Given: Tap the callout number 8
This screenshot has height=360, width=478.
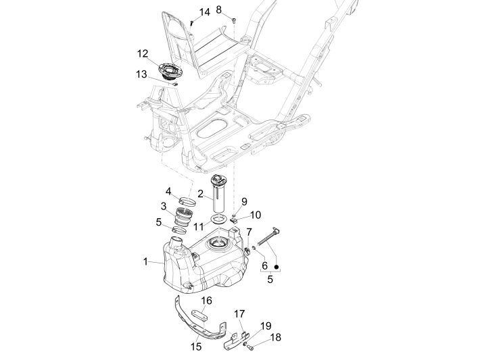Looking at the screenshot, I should click(x=219, y=9).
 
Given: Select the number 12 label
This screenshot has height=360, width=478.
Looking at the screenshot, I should click(x=143, y=53).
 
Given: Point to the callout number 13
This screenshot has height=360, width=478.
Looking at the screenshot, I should click(x=141, y=74).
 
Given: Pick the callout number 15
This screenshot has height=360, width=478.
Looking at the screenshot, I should click(x=195, y=346).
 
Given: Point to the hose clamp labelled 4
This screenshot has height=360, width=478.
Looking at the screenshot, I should click(x=189, y=201).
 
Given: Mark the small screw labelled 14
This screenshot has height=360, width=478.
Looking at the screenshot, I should click(x=193, y=23).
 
